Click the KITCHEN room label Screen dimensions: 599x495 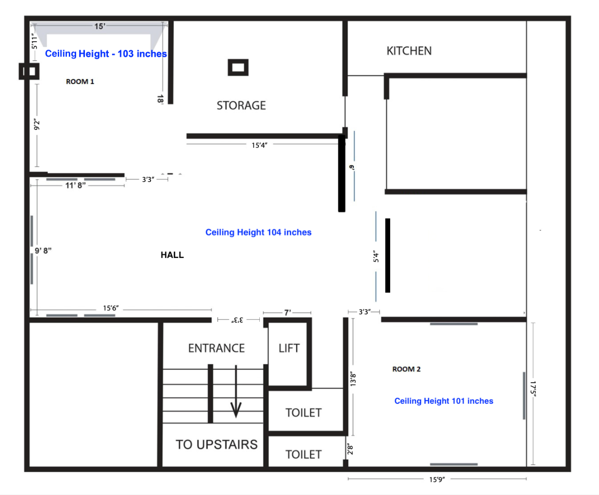point(409,51)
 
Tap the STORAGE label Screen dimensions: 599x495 point(241,105)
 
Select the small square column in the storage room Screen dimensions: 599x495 point(238,68)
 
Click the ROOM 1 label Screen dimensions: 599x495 point(80,82)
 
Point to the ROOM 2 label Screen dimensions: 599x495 point(407,369)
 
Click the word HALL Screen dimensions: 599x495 point(172,255)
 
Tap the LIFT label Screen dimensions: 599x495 point(289,348)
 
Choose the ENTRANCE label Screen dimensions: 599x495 point(217,348)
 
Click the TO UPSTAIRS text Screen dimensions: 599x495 point(217,445)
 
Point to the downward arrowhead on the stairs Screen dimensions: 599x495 point(236,411)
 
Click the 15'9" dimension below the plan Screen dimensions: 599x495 point(437,479)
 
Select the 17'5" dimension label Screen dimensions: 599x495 point(533,389)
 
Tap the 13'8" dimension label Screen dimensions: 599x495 point(353,379)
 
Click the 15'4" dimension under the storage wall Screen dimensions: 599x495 point(259,145)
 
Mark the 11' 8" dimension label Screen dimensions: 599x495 point(75,185)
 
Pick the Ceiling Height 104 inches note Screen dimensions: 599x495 point(258,232)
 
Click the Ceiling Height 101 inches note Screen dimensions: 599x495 point(444,401)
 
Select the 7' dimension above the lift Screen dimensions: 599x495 point(288,313)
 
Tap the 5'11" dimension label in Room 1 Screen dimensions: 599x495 point(34,41)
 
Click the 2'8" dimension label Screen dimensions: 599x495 point(350,449)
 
